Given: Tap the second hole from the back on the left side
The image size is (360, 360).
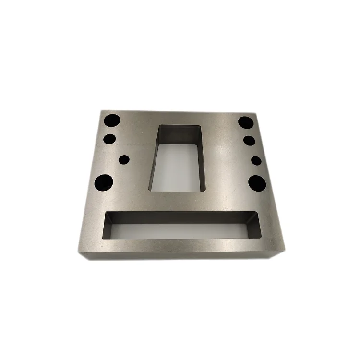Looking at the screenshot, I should click(109, 139).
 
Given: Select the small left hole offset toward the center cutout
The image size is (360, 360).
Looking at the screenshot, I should click(124, 159).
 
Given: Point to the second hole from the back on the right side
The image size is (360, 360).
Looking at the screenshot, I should click(249, 141).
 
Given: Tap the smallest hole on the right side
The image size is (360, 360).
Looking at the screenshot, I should click(256, 160).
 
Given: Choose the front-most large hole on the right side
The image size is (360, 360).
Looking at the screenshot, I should click(258, 182).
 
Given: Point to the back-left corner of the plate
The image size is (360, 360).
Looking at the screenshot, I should click(100, 110).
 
